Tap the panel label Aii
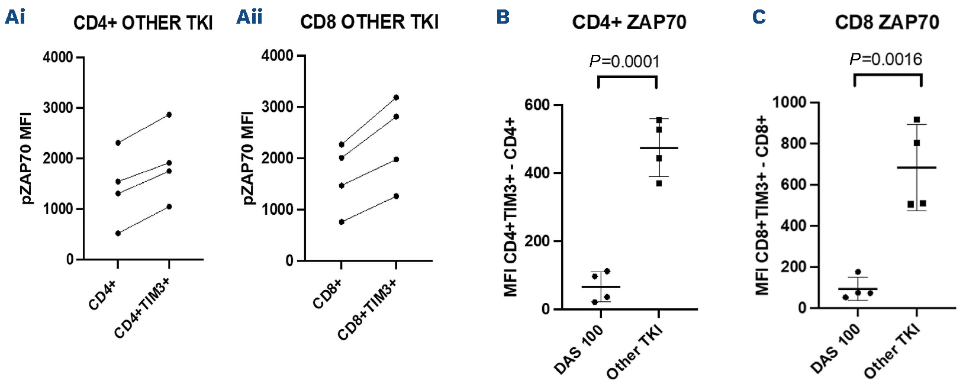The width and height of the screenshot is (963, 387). pyautogui.click(x=249, y=17)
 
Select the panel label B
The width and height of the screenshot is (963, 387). pyautogui.click(x=503, y=17)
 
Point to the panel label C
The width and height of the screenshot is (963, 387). pyautogui.click(x=759, y=17)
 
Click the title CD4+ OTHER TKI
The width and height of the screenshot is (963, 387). pyautogui.click(x=143, y=24)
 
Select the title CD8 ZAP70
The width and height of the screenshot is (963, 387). pyautogui.click(x=887, y=23)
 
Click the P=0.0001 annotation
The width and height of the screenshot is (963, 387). pyautogui.click(x=624, y=62)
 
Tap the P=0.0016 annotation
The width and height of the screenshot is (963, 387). pyautogui.click(x=885, y=59)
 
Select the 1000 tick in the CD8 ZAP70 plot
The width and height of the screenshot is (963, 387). pyautogui.click(x=790, y=102)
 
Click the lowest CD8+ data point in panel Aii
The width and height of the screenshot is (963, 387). pyautogui.click(x=341, y=222)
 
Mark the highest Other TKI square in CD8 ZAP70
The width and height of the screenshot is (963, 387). pyautogui.click(x=917, y=120)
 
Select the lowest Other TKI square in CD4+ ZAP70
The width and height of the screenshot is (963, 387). pyautogui.click(x=659, y=183)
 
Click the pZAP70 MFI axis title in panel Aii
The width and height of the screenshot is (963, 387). pyautogui.click(x=250, y=159)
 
